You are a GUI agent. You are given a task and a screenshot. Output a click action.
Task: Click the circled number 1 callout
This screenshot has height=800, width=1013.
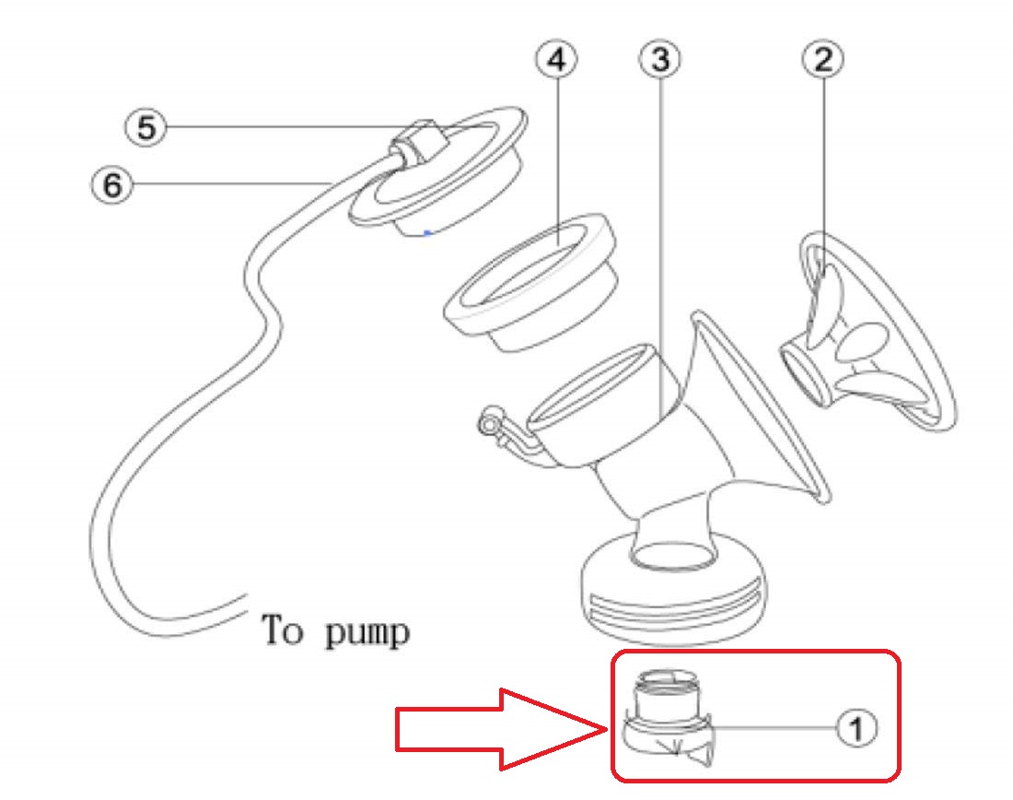(856, 728)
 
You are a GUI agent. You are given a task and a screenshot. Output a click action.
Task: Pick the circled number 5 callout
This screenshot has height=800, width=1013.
(146, 127)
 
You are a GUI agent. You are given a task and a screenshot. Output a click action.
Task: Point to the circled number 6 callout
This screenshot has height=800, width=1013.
(111, 185)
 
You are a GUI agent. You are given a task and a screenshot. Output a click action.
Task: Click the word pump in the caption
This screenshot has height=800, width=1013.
(366, 634)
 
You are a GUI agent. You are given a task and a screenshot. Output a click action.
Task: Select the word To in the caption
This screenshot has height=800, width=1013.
(283, 630)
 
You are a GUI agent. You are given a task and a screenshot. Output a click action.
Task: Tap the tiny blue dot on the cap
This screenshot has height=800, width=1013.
(426, 232)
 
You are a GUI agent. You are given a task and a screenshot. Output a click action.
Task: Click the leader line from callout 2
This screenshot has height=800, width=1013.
(822, 166)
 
